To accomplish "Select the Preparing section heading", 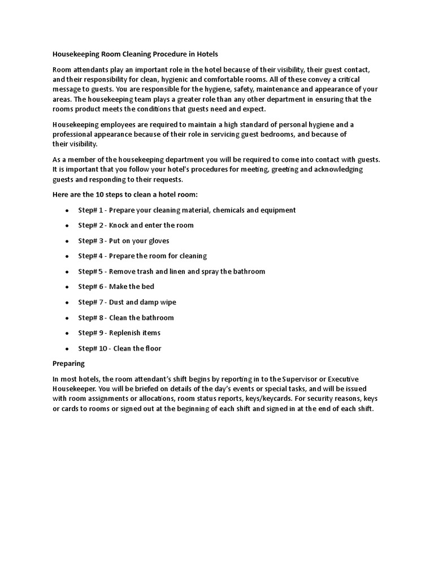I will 68,364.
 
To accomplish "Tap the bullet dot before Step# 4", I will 67,256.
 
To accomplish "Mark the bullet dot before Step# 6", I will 67,287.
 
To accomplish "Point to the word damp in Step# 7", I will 153,302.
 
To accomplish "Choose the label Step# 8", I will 90,318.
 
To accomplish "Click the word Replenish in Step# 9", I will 126,333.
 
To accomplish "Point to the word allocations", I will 136,399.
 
